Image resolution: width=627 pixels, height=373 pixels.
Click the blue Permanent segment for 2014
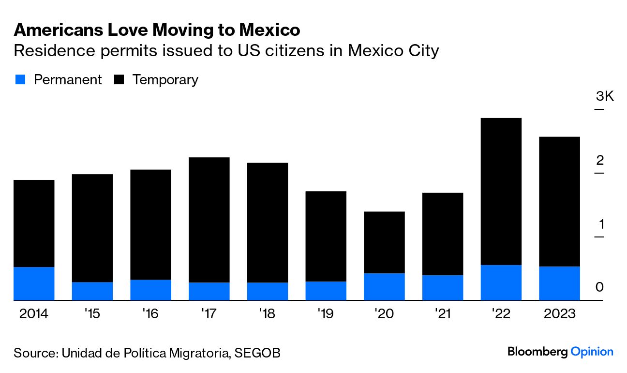(34, 283)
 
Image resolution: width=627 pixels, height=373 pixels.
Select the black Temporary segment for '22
(501, 191)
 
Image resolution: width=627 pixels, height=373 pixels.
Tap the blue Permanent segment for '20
(384, 287)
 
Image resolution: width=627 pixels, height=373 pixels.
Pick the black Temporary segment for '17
(209, 220)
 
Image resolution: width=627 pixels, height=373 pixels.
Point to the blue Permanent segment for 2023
(559, 283)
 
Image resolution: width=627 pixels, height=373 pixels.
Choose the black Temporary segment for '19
(326, 236)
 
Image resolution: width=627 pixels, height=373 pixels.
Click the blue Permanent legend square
(20, 80)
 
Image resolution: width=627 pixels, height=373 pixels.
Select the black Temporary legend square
(119, 80)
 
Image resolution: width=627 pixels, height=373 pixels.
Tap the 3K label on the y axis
(604, 96)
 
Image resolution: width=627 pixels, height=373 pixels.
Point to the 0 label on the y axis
(600, 287)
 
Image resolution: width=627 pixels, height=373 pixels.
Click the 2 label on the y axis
(600, 160)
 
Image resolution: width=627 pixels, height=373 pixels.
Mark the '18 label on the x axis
(267, 314)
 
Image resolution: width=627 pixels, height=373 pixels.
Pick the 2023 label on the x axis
(559, 314)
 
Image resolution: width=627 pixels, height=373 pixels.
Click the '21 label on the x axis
(442, 314)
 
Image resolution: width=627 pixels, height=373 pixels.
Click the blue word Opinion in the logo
(592, 352)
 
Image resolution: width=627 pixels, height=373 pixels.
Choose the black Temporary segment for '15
(92, 228)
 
